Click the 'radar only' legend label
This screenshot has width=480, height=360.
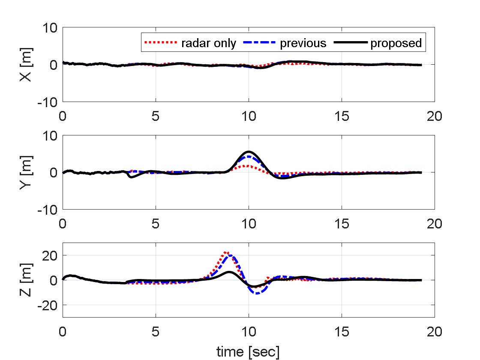[209, 43]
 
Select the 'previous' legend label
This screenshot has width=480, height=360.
[303, 43]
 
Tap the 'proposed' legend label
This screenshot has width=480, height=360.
[396, 43]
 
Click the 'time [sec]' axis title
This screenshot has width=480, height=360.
[248, 352]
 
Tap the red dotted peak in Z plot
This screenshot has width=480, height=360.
[226, 252]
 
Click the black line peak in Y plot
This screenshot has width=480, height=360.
[249, 152]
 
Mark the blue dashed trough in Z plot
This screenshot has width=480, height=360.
[257, 293]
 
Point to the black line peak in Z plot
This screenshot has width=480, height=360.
[230, 272]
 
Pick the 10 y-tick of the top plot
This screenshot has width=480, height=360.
[51, 28]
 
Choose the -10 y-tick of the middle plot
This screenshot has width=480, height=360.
[48, 209]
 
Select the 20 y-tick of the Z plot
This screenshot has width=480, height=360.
[51, 255]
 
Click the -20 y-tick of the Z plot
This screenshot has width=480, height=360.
[48, 305]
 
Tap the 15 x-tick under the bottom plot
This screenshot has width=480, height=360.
[342, 332]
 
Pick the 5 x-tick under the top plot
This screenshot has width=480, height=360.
[156, 116]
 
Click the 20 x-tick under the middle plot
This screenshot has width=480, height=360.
[434, 224]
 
